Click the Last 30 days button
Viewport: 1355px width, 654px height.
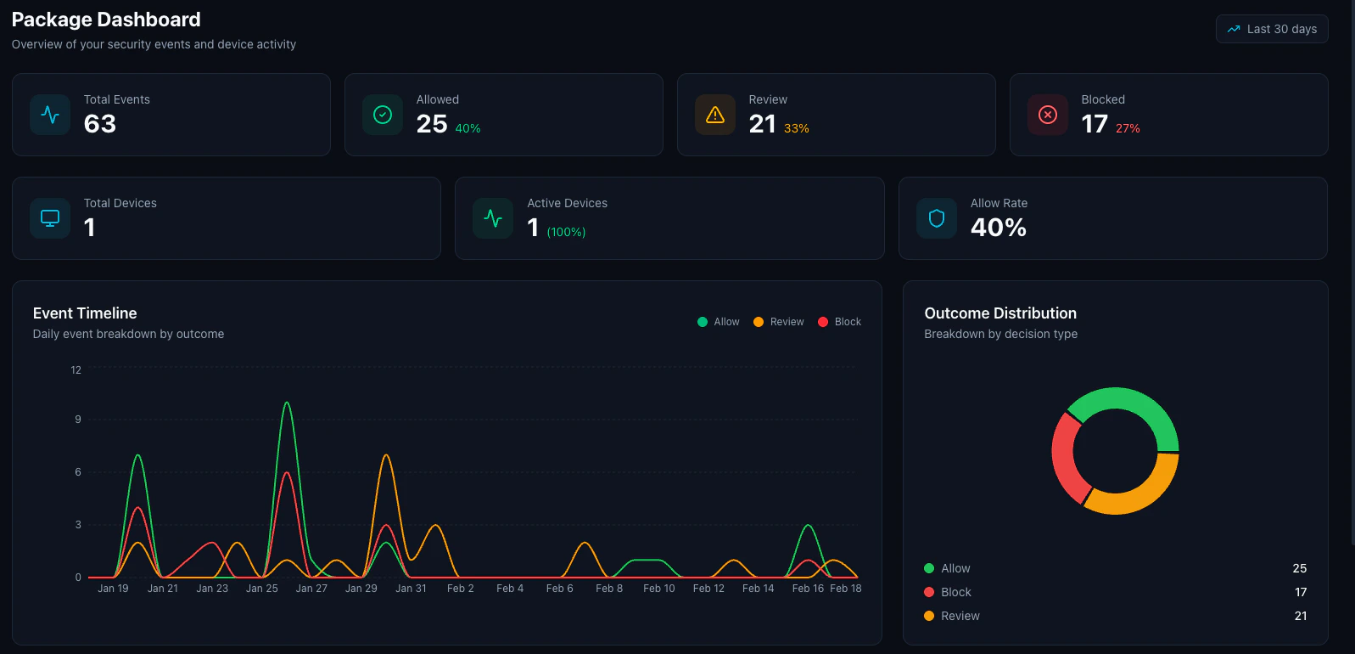pyautogui.click(x=1272, y=29)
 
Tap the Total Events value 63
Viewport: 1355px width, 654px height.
pyautogui.click(x=100, y=124)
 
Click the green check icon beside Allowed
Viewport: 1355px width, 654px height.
pyautogui.click(x=383, y=115)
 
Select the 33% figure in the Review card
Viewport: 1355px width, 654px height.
pyautogui.click(x=796, y=128)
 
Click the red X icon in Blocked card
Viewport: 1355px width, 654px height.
pyautogui.click(x=1048, y=115)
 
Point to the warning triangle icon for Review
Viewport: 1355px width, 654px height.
pyautogui.click(x=715, y=115)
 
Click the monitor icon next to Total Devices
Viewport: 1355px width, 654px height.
pyautogui.click(x=50, y=218)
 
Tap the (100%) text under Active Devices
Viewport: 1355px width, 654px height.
pyautogui.click(x=566, y=232)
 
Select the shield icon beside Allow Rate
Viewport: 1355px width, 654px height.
pyautogui.click(x=937, y=218)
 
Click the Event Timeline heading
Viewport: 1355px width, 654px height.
pyautogui.click(x=85, y=313)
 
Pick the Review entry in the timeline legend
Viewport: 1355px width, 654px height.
pyautogui.click(x=779, y=322)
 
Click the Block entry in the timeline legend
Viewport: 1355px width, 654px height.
pyautogui.click(x=840, y=322)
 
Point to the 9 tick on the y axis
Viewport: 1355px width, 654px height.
pyautogui.click(x=78, y=420)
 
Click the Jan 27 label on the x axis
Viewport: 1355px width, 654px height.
pyautogui.click(x=311, y=589)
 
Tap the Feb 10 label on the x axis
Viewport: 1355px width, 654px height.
pyautogui.click(x=659, y=589)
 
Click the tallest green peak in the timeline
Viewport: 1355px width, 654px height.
pyautogui.click(x=287, y=403)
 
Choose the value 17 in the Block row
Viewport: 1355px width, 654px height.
pyautogui.click(x=1301, y=592)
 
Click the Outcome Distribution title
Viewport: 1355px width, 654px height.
pyautogui.click(x=1000, y=313)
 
